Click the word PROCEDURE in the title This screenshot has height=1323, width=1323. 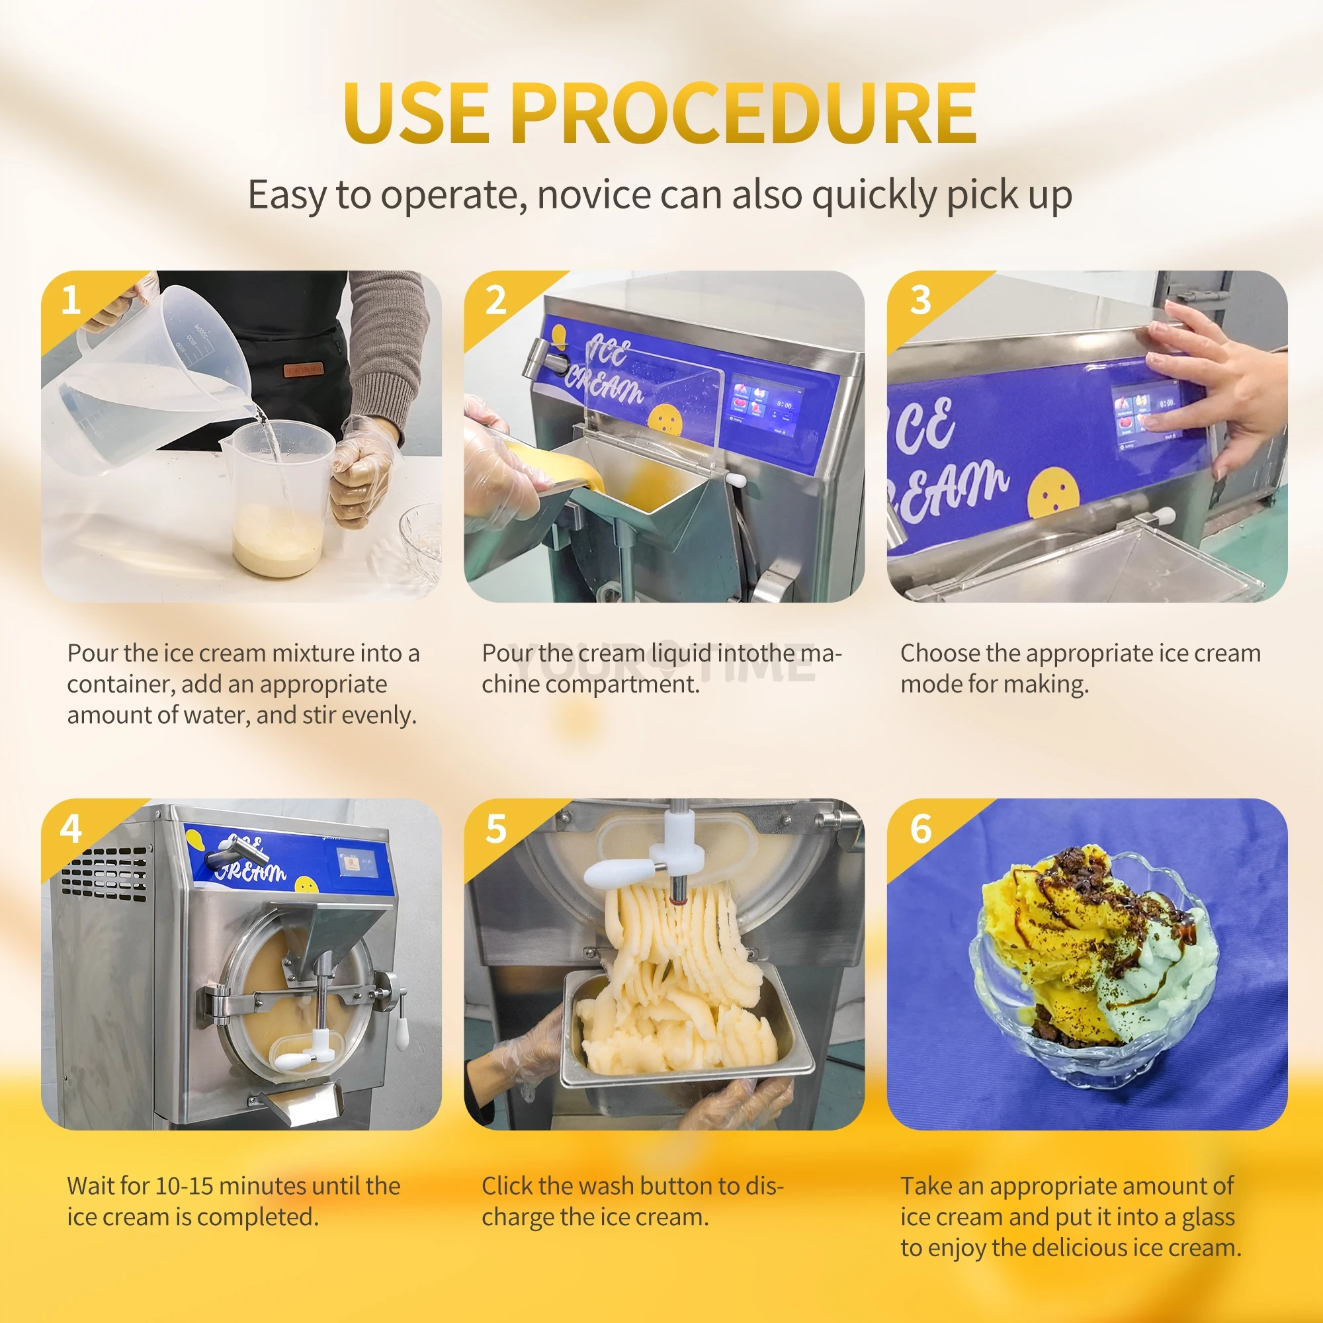[744, 113]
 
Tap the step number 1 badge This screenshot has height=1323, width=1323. [71, 300]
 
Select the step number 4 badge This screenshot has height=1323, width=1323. [71, 830]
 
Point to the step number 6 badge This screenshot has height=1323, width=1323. [921, 830]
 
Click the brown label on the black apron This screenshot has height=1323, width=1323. [304, 369]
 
